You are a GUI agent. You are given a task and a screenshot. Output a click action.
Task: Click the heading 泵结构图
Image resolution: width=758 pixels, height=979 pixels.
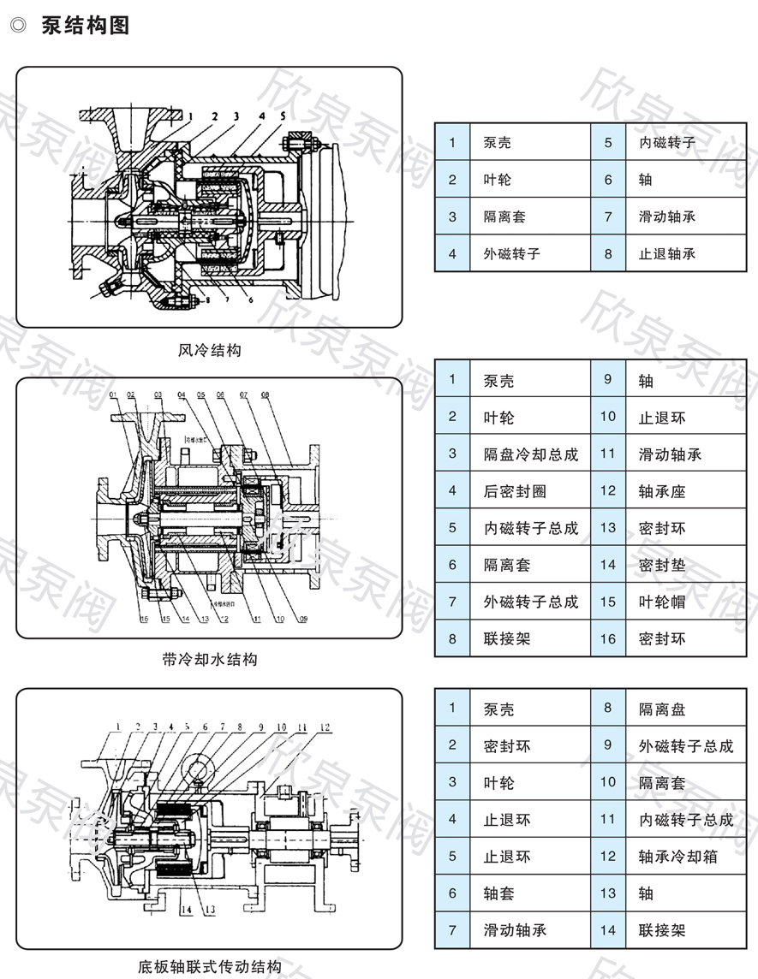pos(85,26)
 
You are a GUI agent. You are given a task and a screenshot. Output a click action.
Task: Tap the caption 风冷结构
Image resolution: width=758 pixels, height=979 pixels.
pos(210,350)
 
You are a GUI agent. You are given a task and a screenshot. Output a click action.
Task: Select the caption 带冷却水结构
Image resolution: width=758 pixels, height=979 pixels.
pos(210,659)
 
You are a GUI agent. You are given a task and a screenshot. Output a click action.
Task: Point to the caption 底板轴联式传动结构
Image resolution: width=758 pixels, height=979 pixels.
pos(210,968)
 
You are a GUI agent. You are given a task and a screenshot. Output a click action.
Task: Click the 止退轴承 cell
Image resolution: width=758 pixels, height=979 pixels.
pos(667,253)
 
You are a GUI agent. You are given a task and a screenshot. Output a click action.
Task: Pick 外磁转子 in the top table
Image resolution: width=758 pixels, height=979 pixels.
pos(511,253)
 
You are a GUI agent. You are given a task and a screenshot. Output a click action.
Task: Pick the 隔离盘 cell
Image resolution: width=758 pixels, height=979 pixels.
pos(662,709)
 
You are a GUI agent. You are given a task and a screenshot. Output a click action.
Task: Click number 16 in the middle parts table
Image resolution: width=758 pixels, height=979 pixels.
pos(608,638)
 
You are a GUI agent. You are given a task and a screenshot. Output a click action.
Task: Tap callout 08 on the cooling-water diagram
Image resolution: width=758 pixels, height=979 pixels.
pos(265,395)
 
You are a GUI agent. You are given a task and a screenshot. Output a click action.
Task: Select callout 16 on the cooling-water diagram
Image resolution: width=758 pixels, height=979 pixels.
pos(144,619)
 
